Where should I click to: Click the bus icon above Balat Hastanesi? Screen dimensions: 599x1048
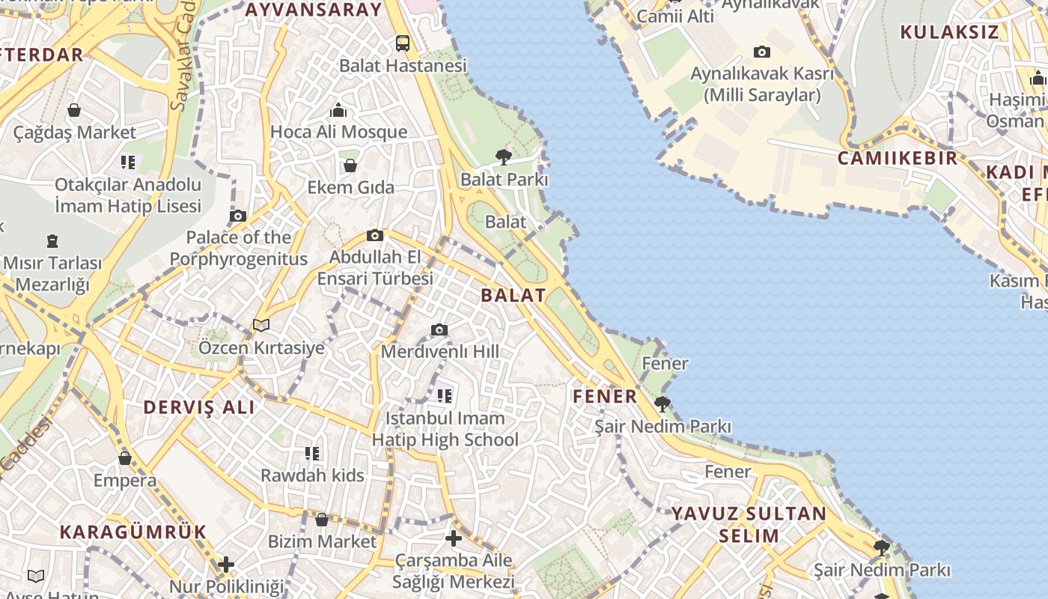pyautogui.click(x=403, y=43)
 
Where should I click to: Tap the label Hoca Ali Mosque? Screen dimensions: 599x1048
pyautogui.click(x=338, y=132)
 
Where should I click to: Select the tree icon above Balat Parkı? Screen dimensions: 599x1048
pyautogui.click(x=504, y=156)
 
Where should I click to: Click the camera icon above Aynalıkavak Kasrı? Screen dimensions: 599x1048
pyautogui.click(x=762, y=52)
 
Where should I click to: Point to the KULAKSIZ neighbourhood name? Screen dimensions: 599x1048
pyautogui.click(x=949, y=32)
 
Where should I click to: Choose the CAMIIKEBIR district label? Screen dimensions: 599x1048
pyautogui.click(x=898, y=158)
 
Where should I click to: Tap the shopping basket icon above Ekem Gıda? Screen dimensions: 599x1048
pyautogui.click(x=350, y=165)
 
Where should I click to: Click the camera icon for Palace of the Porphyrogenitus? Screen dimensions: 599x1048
pyautogui.click(x=238, y=216)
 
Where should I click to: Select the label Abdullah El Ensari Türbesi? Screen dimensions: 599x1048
pyautogui.click(x=375, y=267)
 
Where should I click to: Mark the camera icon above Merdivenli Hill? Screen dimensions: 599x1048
pyautogui.click(x=439, y=329)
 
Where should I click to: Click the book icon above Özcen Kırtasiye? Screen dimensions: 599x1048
pyautogui.click(x=261, y=325)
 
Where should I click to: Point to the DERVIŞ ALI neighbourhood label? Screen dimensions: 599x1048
pyautogui.click(x=199, y=407)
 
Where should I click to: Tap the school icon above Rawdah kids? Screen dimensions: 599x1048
pyautogui.click(x=312, y=453)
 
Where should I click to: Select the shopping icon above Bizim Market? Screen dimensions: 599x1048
pyautogui.click(x=322, y=519)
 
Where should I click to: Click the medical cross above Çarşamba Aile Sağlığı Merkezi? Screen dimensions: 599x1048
pyautogui.click(x=453, y=538)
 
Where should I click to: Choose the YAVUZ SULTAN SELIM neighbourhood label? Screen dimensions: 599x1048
pyautogui.click(x=749, y=524)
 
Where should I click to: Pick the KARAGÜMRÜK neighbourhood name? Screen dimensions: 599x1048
pyautogui.click(x=132, y=532)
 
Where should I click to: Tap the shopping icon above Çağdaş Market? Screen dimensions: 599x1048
pyautogui.click(x=74, y=110)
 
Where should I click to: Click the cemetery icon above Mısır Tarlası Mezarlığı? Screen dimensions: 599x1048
pyautogui.click(x=52, y=241)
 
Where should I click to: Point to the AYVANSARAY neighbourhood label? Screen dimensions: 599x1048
pyautogui.click(x=314, y=10)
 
